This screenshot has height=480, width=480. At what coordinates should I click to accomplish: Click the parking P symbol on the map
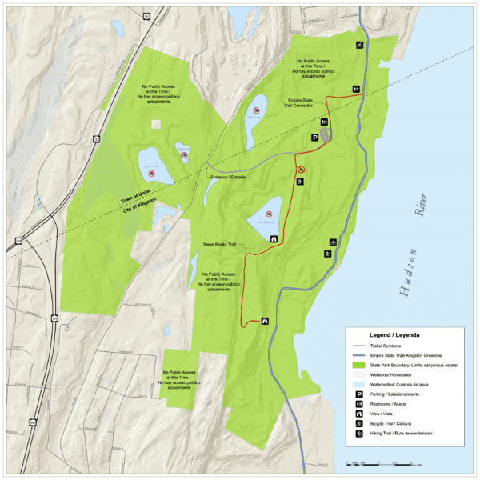(x=315, y=138)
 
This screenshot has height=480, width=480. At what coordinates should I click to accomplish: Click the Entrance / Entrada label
(x=226, y=176)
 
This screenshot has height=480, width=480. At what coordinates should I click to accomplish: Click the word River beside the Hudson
(x=419, y=210)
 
